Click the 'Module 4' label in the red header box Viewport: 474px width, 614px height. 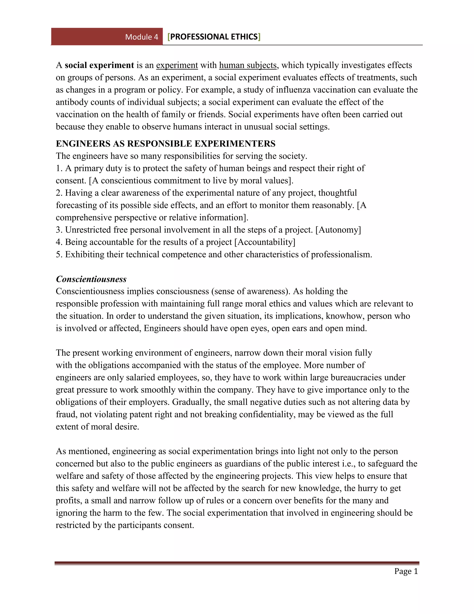tap(141, 37)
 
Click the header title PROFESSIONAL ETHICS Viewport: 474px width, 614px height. tap(214, 37)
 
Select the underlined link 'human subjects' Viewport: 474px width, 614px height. tap(248, 65)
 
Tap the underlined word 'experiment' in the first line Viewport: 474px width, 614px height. tap(177, 65)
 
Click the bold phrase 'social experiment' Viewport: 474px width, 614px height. tap(99, 65)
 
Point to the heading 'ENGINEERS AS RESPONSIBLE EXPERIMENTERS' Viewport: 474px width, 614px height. tap(165, 144)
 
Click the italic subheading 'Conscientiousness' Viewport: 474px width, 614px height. tap(91, 279)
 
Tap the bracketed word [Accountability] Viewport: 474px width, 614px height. tap(265, 242)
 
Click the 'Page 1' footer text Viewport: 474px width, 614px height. tap(406, 571)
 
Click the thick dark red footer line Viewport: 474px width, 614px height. tap(237, 563)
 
